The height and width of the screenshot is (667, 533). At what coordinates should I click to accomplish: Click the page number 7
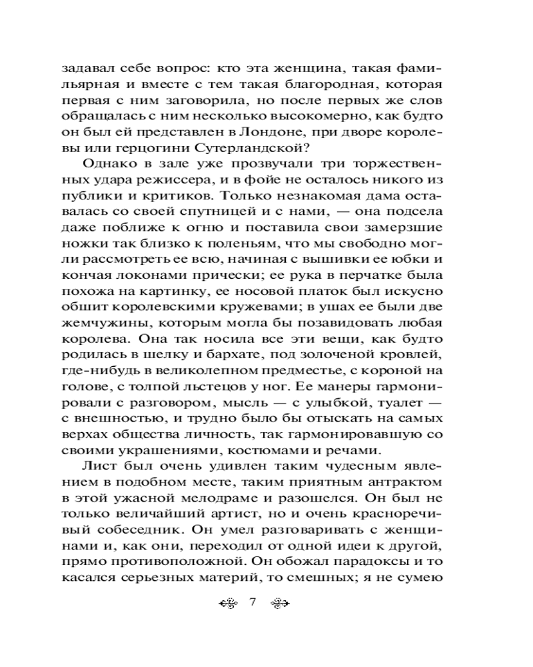[253, 604]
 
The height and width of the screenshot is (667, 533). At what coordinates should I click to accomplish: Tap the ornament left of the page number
[229, 604]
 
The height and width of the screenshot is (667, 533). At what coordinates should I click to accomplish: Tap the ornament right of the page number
[280, 604]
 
